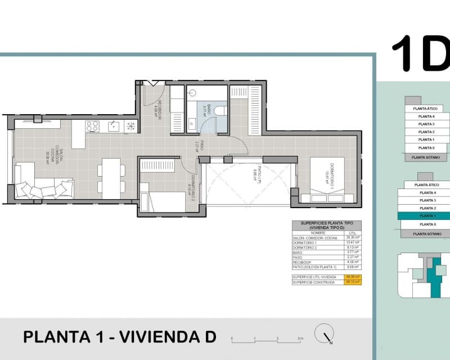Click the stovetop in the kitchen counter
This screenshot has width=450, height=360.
(x=92, y=126)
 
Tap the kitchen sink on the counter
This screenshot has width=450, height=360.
(x=114, y=125)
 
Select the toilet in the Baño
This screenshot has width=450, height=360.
(x=220, y=110)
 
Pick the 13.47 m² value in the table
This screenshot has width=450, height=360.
(x=353, y=243)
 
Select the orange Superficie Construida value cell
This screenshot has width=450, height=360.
(x=353, y=282)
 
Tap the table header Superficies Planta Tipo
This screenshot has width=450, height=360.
(x=326, y=225)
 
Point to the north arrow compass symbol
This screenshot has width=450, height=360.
(x=323, y=333)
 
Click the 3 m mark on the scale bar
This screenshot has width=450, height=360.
(x=300, y=339)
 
